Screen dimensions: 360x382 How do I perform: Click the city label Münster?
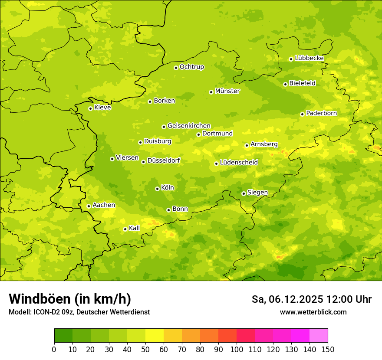[x=227, y=91]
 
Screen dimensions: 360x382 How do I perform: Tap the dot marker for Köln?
[x=157, y=189]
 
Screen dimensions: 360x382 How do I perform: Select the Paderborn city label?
[x=321, y=113]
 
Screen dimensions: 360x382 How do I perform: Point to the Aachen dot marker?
[x=89, y=206]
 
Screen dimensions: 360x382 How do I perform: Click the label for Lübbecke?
[x=309, y=58]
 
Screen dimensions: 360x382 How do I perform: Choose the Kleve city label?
[x=102, y=108]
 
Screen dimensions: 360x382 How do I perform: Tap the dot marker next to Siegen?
[x=244, y=193]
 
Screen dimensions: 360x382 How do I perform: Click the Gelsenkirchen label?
[x=189, y=126]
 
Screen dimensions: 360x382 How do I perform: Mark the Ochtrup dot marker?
[x=176, y=67]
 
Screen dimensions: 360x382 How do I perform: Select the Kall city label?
[x=134, y=228]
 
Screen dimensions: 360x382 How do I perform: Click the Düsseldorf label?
[x=164, y=160]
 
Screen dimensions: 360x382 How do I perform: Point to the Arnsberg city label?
[x=264, y=144]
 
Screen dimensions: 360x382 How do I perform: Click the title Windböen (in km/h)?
[x=69, y=299]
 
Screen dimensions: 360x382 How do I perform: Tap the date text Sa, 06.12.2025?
[x=287, y=299]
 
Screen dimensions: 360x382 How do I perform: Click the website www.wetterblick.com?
[x=313, y=312]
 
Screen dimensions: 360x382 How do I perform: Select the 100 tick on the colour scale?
[x=237, y=349]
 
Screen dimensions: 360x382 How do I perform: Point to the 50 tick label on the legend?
[x=145, y=349]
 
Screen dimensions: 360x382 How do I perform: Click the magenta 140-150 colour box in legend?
[x=319, y=335]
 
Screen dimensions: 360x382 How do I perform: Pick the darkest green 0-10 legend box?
[x=63, y=335]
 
